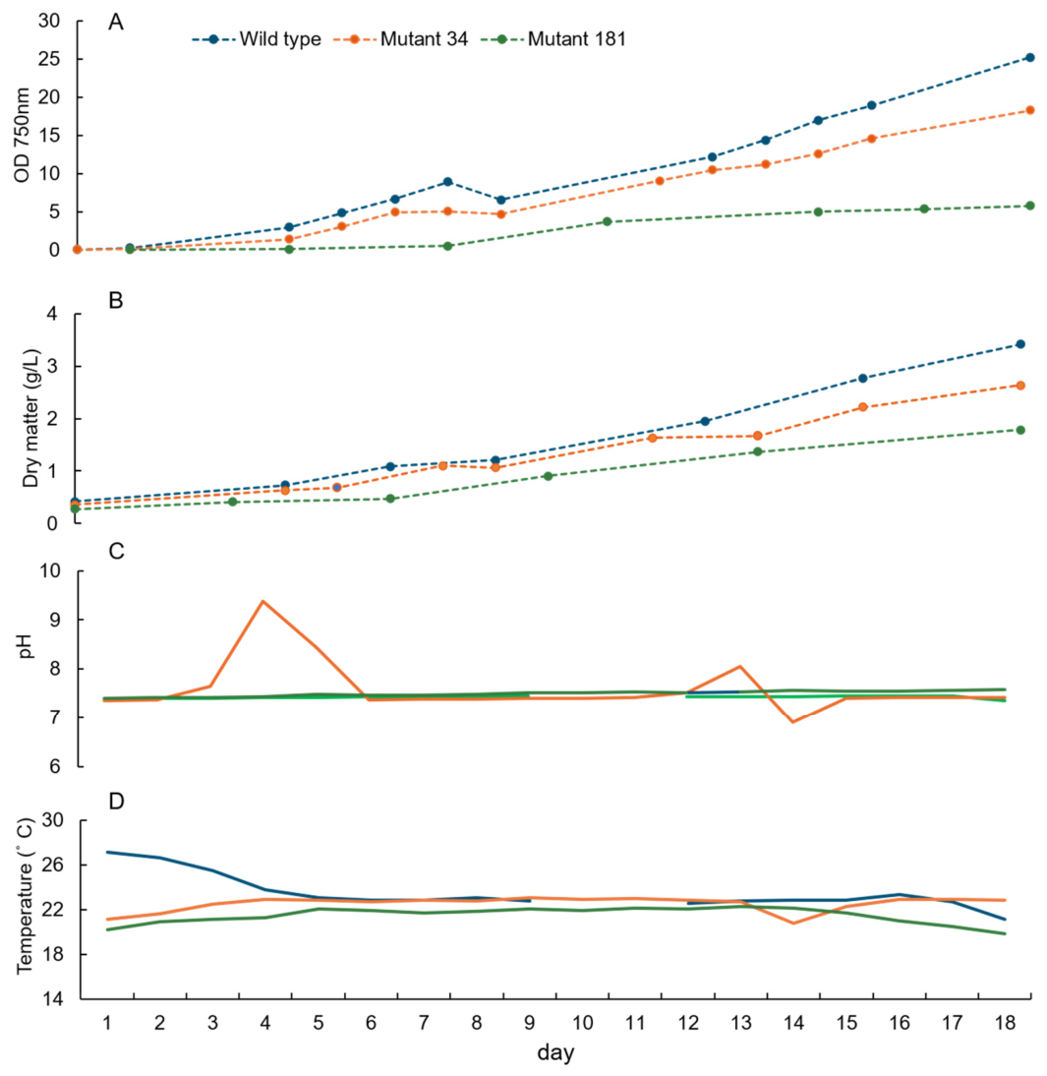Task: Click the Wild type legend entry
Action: [256, 39]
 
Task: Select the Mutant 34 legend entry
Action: [401, 39]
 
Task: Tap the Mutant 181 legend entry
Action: [553, 39]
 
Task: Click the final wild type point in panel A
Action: [1030, 58]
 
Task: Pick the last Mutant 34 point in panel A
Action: [1030, 110]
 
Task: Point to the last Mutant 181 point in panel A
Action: [1030, 206]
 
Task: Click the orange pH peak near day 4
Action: [263, 601]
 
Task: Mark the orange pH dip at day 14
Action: [793, 721]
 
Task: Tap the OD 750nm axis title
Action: [22, 135]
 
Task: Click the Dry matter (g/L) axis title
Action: [30, 418]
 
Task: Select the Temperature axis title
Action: [26, 896]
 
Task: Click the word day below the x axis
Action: [555, 1052]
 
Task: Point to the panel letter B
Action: [116, 301]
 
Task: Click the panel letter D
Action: [117, 801]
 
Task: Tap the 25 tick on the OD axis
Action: [49, 59]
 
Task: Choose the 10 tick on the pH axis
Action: [49, 570]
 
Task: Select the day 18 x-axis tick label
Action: [1005, 1023]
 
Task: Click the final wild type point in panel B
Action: [1020, 344]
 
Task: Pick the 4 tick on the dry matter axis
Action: [53, 315]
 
